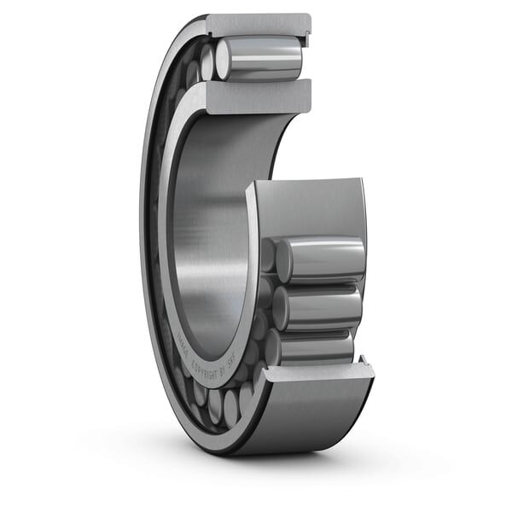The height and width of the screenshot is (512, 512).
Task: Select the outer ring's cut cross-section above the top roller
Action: click(x=256, y=25)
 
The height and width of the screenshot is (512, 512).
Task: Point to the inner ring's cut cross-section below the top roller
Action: click(x=256, y=93)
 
